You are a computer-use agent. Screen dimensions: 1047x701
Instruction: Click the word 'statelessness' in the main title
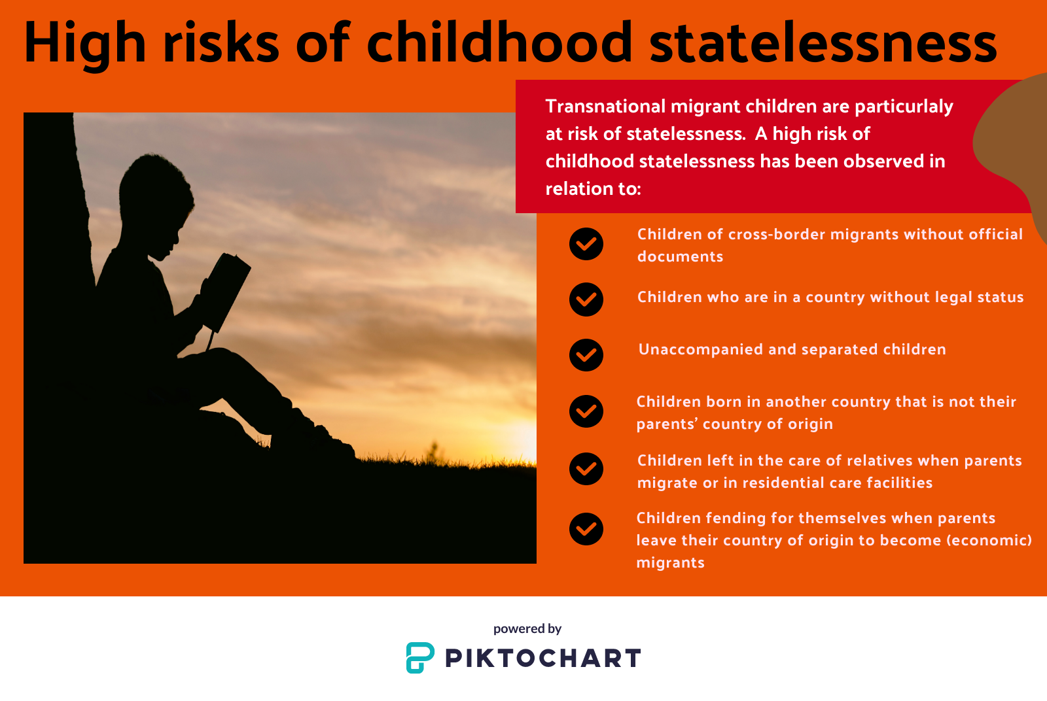click(823, 43)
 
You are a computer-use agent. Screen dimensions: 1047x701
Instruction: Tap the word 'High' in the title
click(84, 44)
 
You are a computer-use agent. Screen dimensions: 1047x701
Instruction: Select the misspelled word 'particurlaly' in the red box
click(904, 107)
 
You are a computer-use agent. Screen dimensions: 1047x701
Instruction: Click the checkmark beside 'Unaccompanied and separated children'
click(586, 355)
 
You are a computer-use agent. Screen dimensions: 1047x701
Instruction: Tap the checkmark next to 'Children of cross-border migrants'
click(586, 244)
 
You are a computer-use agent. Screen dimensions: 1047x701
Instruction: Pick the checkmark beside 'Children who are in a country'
click(586, 299)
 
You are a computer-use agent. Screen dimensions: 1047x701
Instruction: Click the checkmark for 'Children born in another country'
click(586, 411)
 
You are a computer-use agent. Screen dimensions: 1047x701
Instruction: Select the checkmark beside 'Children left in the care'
click(586, 468)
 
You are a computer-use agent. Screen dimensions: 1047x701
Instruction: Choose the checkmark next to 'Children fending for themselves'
click(586, 528)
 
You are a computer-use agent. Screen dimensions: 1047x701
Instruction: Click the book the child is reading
click(226, 292)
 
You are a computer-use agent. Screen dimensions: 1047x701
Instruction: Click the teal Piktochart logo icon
click(419, 658)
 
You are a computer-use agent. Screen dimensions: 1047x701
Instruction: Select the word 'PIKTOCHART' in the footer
click(542, 658)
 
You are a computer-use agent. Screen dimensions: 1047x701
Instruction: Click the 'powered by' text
click(527, 629)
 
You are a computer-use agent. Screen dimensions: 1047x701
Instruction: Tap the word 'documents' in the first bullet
click(680, 256)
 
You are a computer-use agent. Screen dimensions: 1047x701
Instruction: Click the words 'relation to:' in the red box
click(593, 189)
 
